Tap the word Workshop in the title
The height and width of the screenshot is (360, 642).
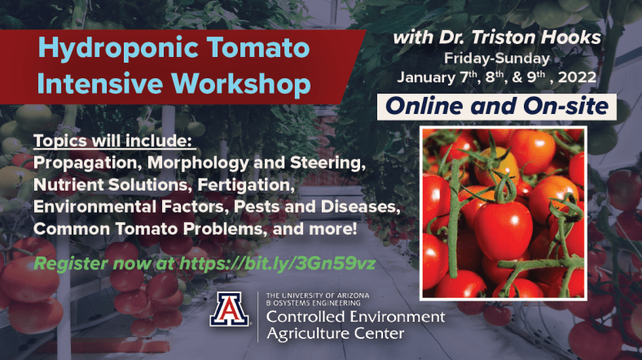coord(241,84)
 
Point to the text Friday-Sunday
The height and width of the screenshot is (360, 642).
coord(497,59)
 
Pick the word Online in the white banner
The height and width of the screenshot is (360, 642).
coord(425,107)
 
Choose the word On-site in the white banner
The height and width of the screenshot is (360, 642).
coord(566,107)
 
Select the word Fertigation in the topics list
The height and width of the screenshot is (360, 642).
coord(246,186)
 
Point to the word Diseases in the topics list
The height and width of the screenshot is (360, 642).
coord(360,207)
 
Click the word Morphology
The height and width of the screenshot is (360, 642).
coord(198,163)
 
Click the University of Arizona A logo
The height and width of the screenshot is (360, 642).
coord(229,310)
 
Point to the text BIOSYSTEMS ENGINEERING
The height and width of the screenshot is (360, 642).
coord(313,303)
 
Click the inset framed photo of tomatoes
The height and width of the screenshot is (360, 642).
coord(503,213)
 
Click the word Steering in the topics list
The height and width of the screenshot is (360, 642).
coord(328,163)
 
